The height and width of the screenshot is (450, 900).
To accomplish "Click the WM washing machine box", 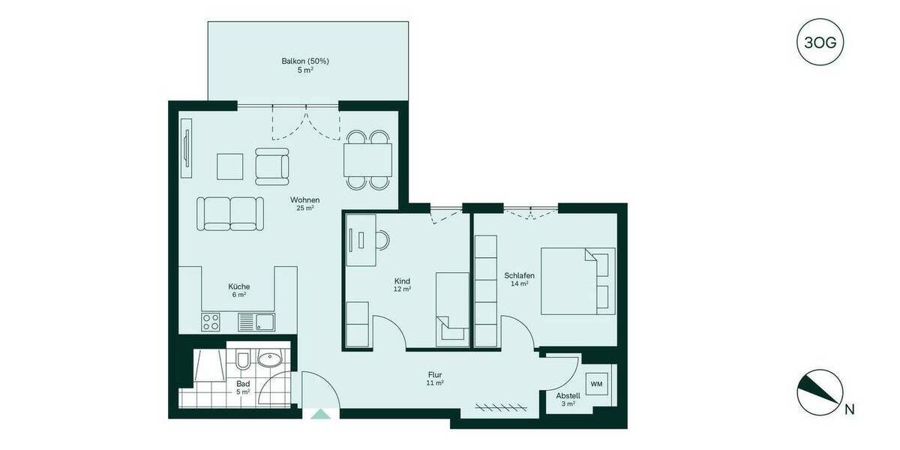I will point(597,385).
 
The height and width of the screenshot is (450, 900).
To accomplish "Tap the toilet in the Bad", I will point(242,362).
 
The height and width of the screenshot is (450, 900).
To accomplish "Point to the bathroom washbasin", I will point(268,360).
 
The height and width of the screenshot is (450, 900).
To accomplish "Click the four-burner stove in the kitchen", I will point(211,322).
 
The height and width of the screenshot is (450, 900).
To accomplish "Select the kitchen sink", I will point(255,322).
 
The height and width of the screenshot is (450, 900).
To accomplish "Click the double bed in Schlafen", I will point(577,280).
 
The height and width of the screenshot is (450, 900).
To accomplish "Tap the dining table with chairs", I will point(368,160).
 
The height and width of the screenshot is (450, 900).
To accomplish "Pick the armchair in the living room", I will point(272,166).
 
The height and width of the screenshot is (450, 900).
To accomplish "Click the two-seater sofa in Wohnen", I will point(230,213).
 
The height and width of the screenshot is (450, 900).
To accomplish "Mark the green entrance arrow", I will point(320,412).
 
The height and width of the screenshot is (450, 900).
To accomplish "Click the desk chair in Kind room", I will point(382,239).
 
